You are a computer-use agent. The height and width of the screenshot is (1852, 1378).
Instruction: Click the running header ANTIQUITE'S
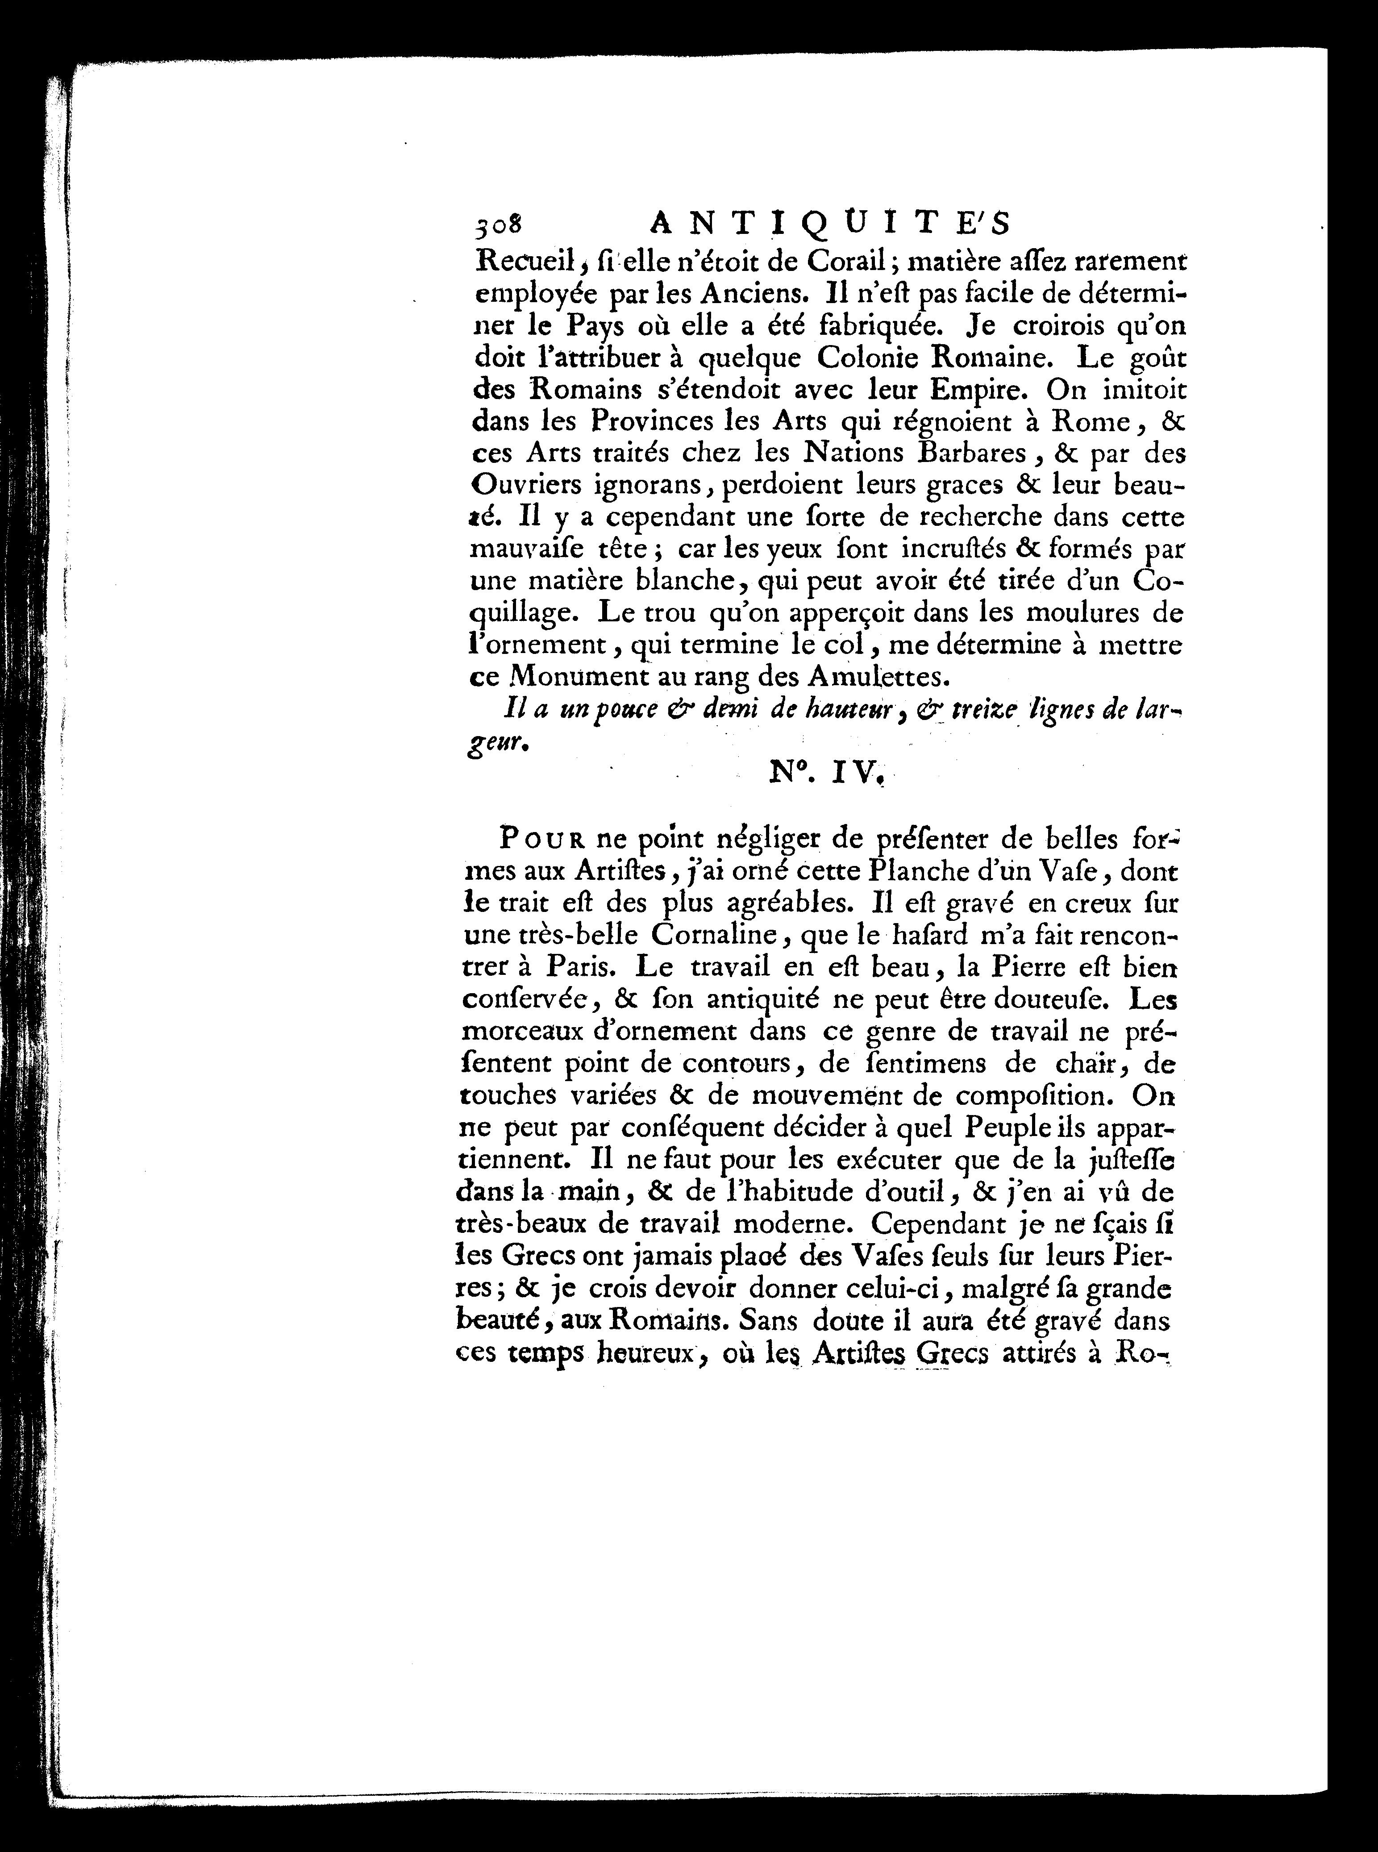point(829,224)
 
